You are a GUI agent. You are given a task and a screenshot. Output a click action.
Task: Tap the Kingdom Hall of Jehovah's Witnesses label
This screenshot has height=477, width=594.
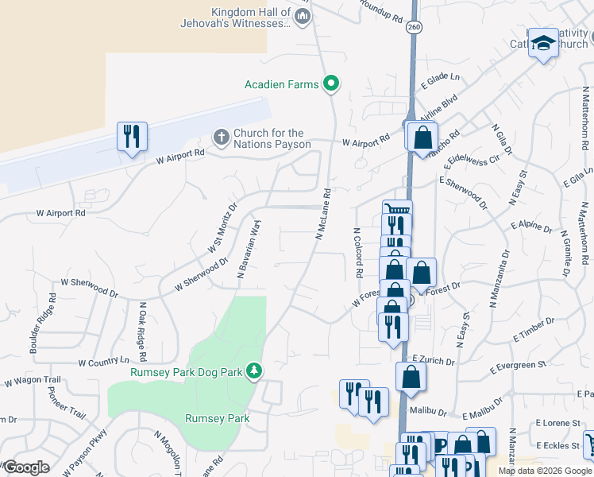pos(251,17)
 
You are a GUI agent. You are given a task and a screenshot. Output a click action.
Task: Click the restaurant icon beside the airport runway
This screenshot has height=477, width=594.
pos(132,136)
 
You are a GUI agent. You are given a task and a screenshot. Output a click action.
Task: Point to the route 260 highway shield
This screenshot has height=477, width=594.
pos(413,27)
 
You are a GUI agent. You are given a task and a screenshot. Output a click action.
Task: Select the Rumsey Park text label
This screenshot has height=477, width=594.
pos(217,418)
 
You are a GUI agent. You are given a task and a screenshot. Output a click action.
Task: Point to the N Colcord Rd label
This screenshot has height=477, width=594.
pos(358,253)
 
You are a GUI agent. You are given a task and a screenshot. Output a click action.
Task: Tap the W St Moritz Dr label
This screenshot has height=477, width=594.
pos(223,227)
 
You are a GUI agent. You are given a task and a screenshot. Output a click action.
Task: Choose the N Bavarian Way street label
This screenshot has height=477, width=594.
pos(249,248)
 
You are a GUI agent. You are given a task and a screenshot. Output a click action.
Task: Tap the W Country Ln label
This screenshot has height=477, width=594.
pos(103,363)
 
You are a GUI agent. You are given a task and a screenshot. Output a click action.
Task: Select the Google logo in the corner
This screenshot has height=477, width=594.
pos(25,467)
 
